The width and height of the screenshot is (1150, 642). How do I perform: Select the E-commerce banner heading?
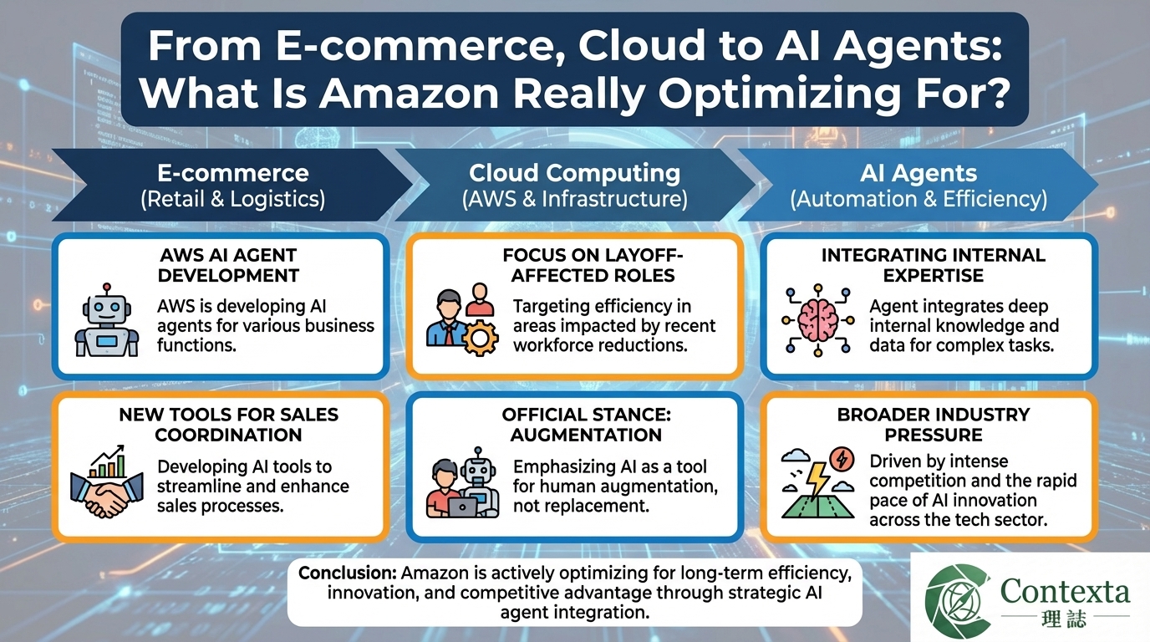tap(233, 173)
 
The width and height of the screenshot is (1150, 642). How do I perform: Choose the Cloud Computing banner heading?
tap(574, 173)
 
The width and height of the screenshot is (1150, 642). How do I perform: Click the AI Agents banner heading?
tap(918, 173)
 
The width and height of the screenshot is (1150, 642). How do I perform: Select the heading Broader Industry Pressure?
tap(934, 425)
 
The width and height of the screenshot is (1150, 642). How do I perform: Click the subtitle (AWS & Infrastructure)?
tap(574, 200)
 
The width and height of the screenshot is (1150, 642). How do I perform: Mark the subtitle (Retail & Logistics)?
tap(233, 200)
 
